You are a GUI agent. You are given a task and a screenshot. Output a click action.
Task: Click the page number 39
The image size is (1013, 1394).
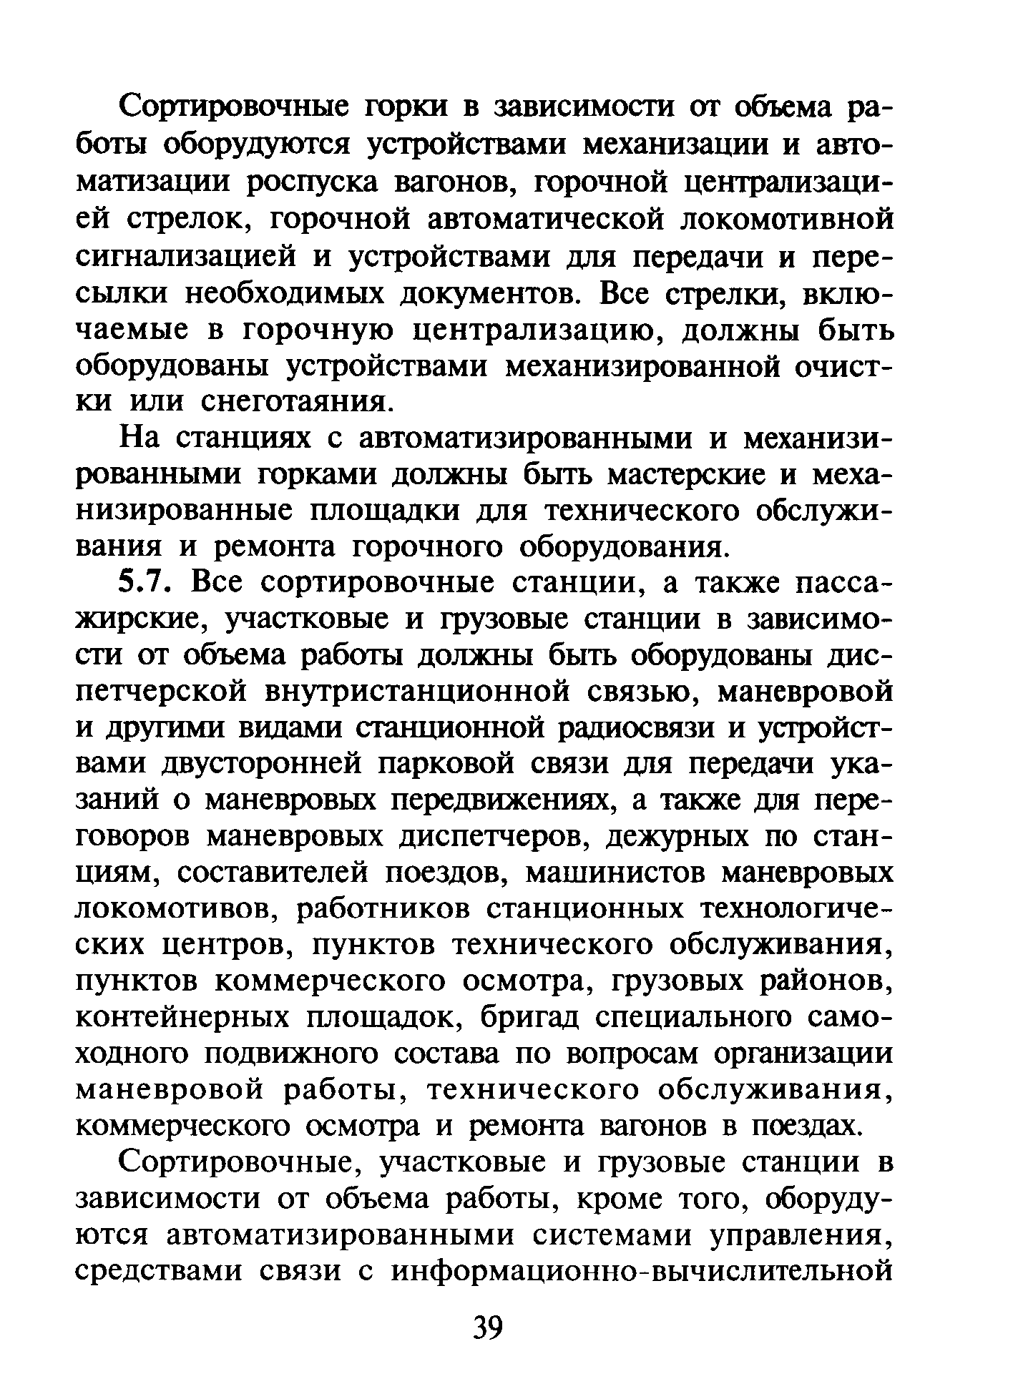click(489, 1328)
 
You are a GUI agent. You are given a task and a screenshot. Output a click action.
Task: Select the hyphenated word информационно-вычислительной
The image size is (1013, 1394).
click(642, 1272)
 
